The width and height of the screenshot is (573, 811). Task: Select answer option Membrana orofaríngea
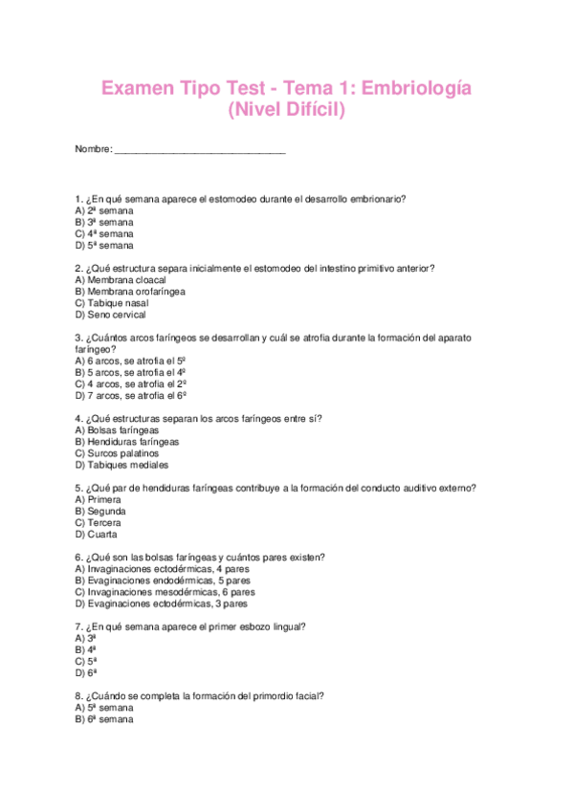tap(130, 292)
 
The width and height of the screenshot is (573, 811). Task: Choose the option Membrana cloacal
tap(121, 280)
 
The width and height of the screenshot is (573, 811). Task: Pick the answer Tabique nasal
tap(117, 303)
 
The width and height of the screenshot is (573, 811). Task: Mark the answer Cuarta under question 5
tap(96, 534)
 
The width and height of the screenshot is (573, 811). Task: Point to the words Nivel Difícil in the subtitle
tap(287, 112)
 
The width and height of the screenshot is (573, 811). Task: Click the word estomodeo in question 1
tap(221, 199)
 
